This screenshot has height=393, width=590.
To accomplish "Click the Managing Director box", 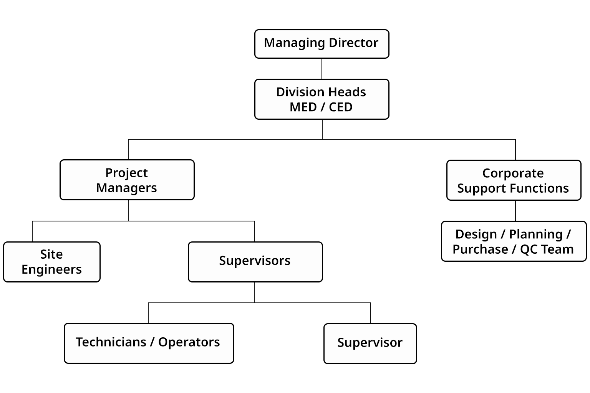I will click(x=322, y=44).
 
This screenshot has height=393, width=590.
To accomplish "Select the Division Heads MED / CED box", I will click(x=322, y=99).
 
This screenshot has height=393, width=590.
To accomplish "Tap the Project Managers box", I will click(x=127, y=180).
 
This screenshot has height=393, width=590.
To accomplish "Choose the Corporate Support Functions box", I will click(x=514, y=180).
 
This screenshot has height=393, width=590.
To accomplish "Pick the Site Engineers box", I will click(x=52, y=262).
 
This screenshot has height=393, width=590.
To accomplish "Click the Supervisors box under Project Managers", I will click(x=255, y=262).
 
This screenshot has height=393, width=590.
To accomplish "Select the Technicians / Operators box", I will click(x=149, y=343).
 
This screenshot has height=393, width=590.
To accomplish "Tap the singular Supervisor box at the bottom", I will click(x=370, y=343).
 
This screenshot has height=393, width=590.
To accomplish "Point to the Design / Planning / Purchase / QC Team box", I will click(x=514, y=241).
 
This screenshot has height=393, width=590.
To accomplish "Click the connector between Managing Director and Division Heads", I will click(x=322, y=69).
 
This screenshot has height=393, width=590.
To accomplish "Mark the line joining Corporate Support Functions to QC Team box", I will click(x=515, y=211).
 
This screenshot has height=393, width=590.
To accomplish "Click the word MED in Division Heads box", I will click(x=303, y=107).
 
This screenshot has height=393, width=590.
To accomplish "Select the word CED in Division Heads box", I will click(x=340, y=107).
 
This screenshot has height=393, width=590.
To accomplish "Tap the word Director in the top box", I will click(x=353, y=43).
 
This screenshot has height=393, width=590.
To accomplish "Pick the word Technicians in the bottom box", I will click(x=111, y=342).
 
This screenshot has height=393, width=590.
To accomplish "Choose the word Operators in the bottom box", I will click(x=189, y=342).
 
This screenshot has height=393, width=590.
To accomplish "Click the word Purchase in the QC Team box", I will click(x=480, y=249).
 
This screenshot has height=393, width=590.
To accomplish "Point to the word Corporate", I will click(x=513, y=173).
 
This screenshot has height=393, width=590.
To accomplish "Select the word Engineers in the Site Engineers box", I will click(x=52, y=269).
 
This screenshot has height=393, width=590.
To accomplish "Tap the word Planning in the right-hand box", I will click(x=535, y=234).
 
